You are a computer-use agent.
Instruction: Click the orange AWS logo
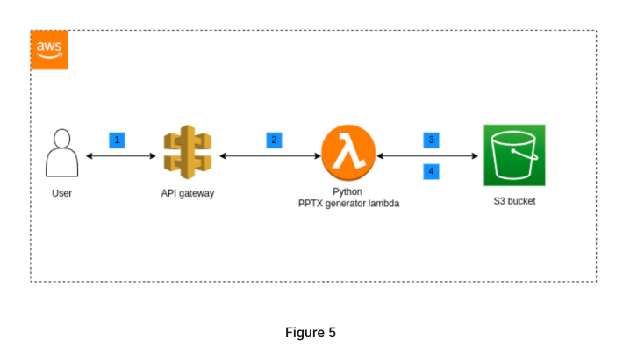click(x=49, y=50)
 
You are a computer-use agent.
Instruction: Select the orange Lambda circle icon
click(x=348, y=155)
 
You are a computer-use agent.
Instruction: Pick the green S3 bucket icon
click(x=514, y=155)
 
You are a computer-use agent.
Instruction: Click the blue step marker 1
click(x=117, y=140)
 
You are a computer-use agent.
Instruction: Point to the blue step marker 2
click(x=275, y=140)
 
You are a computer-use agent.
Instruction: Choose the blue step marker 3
click(x=431, y=140)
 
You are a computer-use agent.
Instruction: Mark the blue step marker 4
click(x=431, y=171)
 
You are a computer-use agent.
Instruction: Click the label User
click(x=61, y=193)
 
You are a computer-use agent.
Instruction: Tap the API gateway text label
click(x=188, y=193)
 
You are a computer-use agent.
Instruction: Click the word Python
click(x=348, y=191)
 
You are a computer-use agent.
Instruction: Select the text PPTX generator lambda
click(x=348, y=204)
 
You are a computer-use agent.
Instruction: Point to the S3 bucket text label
click(x=514, y=201)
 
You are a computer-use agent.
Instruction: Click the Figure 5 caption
click(x=311, y=333)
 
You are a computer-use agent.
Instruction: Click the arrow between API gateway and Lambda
click(x=269, y=156)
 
